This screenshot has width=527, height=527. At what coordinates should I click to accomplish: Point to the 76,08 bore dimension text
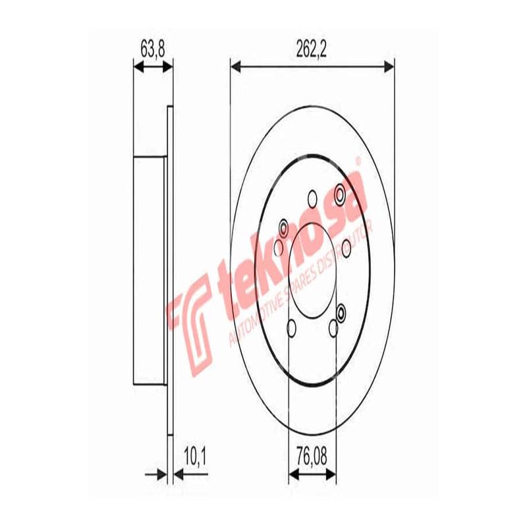[x=312, y=455]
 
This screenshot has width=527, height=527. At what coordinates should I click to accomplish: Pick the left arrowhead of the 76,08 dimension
[x=294, y=474]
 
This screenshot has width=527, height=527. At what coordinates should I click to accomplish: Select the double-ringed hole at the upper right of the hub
[x=340, y=193]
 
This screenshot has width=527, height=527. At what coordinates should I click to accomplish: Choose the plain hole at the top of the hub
[x=312, y=197]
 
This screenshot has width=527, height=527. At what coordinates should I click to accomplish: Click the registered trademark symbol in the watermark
[x=358, y=160]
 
